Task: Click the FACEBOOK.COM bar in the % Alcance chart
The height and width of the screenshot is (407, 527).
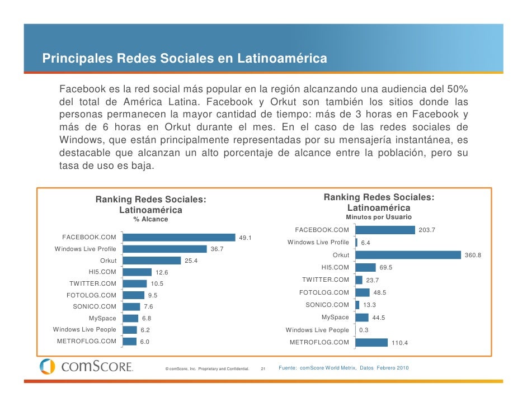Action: click(x=179, y=238)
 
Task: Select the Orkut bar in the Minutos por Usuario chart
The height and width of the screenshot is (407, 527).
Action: click(x=407, y=255)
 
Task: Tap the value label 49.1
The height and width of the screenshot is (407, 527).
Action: click(x=246, y=238)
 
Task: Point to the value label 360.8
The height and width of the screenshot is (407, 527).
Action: click(x=473, y=255)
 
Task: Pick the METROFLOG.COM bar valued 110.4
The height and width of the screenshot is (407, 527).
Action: click(x=371, y=342)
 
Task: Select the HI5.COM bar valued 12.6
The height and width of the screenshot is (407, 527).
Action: click(x=137, y=272)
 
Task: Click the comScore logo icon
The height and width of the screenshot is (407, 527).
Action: click(x=47, y=367)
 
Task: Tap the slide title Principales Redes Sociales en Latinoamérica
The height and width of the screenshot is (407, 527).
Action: click(x=185, y=58)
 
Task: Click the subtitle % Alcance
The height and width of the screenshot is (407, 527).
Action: click(x=150, y=220)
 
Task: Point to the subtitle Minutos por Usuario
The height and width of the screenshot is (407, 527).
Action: click(x=379, y=217)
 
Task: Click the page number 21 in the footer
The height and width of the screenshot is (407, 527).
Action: click(x=264, y=369)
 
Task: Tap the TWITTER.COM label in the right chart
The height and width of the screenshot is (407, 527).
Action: click(x=325, y=280)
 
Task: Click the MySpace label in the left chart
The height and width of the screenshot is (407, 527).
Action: click(x=103, y=318)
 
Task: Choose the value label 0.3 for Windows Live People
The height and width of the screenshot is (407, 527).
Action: click(x=364, y=330)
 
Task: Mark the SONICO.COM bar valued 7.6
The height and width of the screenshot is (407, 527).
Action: click(x=131, y=306)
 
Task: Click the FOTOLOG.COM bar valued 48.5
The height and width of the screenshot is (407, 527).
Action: click(x=363, y=292)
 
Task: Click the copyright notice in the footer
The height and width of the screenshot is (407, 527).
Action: click(x=207, y=369)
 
